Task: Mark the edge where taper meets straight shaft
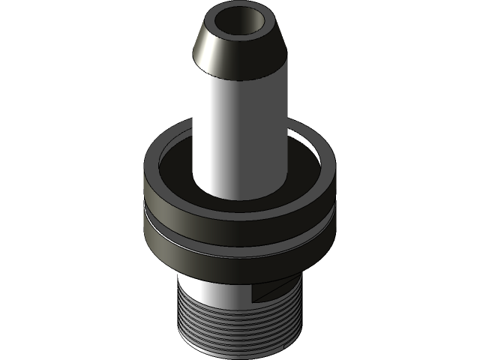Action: (240, 79)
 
